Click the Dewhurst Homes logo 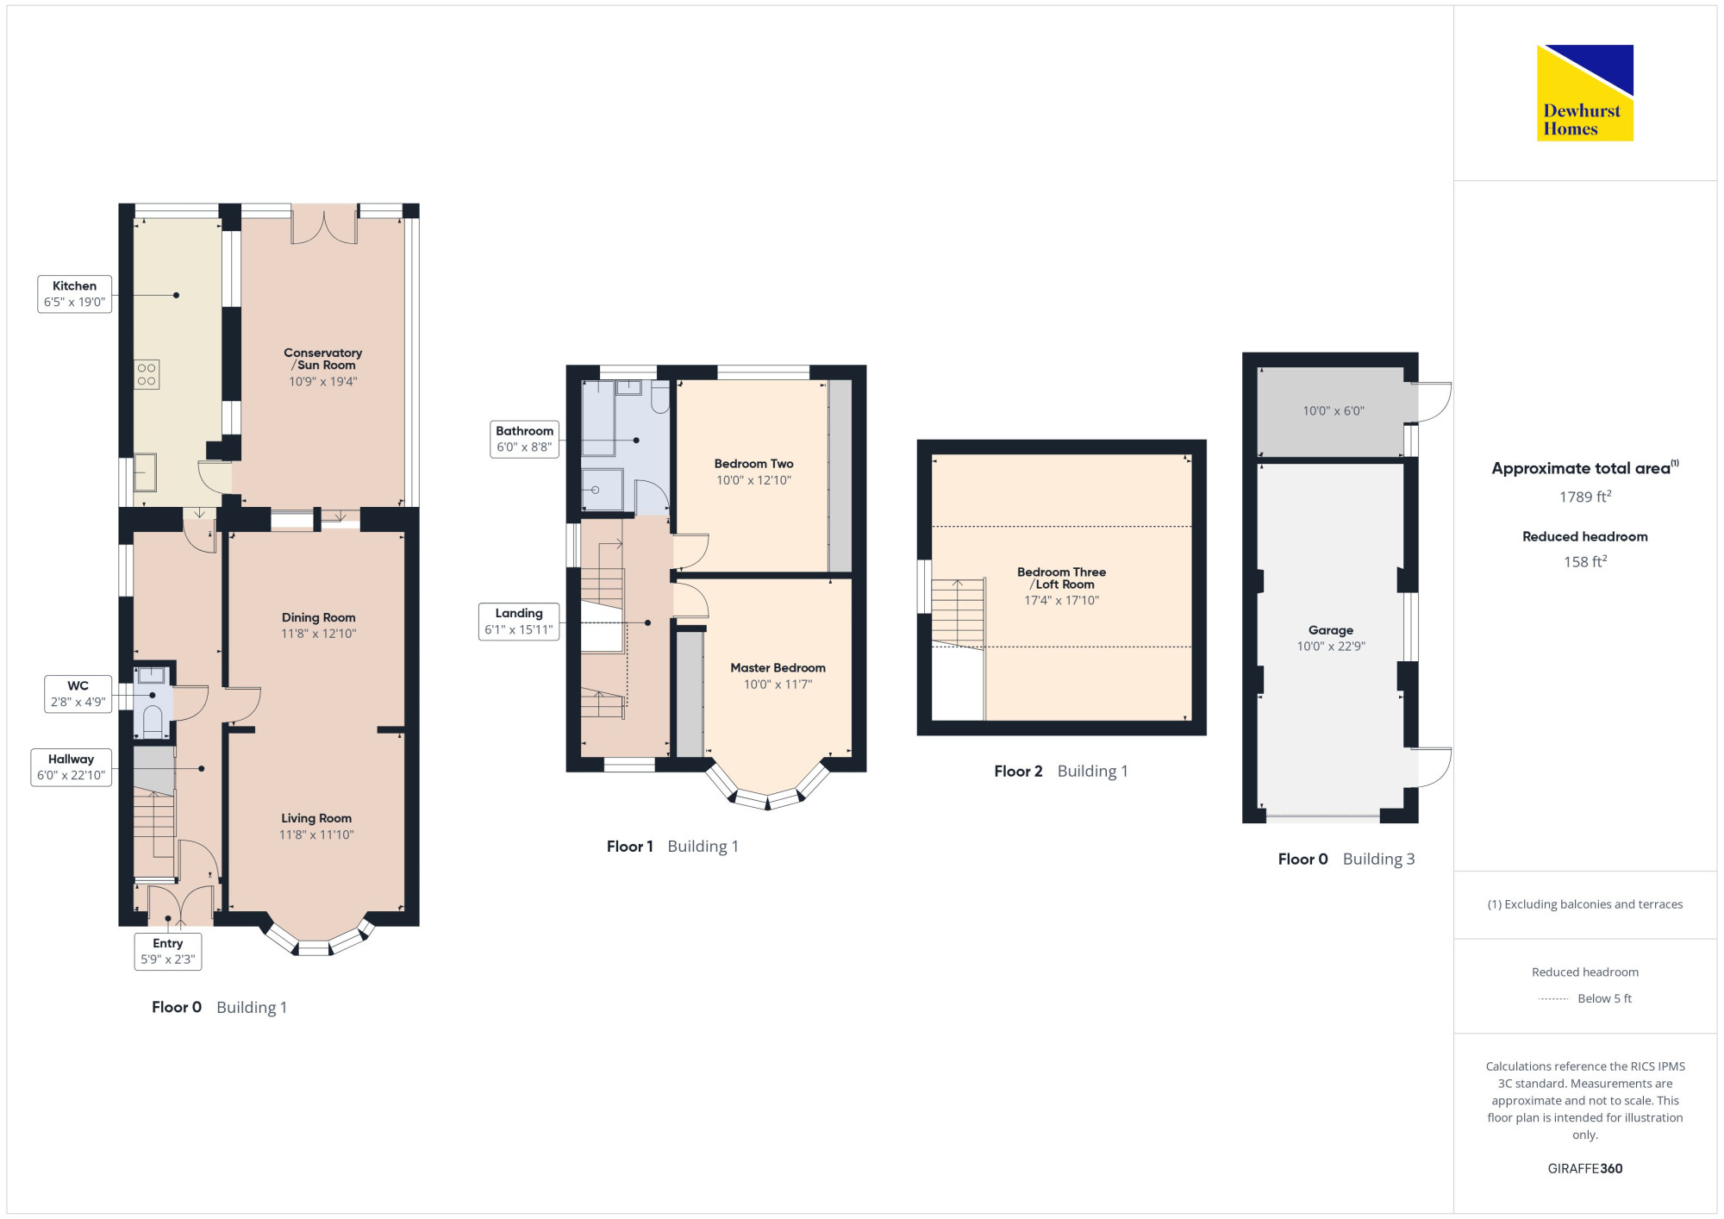click(1584, 93)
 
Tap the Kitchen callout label click(75, 294)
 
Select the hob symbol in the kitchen click(147, 374)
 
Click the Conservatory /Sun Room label click(323, 359)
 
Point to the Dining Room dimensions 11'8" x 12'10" click(319, 634)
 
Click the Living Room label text click(316, 818)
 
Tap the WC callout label click(78, 694)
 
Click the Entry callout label click(168, 952)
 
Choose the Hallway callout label click(72, 767)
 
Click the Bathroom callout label click(524, 440)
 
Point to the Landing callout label click(519, 622)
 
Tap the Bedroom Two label click(754, 464)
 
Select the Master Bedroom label click(778, 668)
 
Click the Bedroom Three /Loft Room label click(1062, 578)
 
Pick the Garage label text click(1331, 630)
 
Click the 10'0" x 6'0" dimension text click(1334, 411)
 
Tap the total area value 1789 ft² click(1585, 497)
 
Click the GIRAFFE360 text click(1585, 1169)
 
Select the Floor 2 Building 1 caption click(1061, 772)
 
